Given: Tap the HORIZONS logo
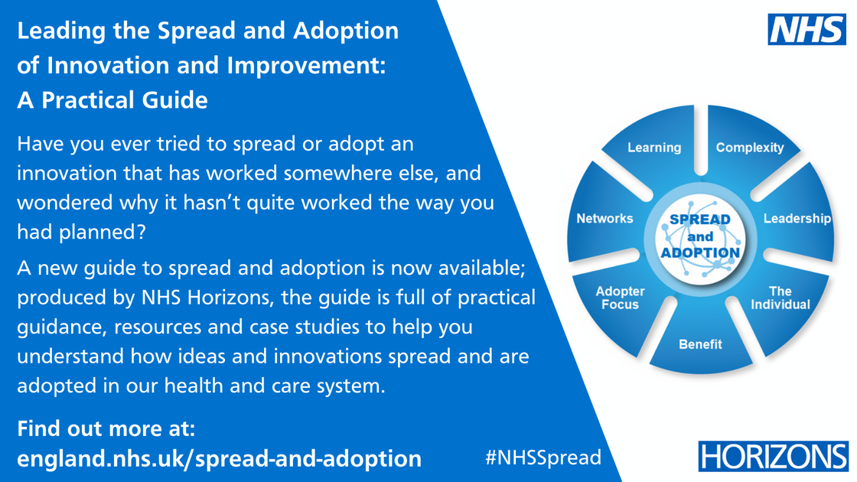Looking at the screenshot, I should (x=774, y=457).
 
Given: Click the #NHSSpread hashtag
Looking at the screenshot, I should (x=543, y=458).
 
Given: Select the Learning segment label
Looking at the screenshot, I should (x=654, y=148).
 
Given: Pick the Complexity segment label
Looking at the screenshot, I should (x=750, y=148).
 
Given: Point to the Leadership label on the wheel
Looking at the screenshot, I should (x=797, y=219).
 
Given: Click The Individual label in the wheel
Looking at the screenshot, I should (x=780, y=298).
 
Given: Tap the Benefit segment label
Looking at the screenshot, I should (x=700, y=344).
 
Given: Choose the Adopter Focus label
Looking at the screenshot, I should (x=621, y=298).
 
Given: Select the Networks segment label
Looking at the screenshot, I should (x=604, y=219).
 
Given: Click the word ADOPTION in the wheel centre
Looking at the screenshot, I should (x=700, y=252).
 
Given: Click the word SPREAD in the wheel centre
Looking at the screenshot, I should (x=700, y=220).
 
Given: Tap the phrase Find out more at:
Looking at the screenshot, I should (x=106, y=427).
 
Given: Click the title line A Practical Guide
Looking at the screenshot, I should (x=112, y=99).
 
